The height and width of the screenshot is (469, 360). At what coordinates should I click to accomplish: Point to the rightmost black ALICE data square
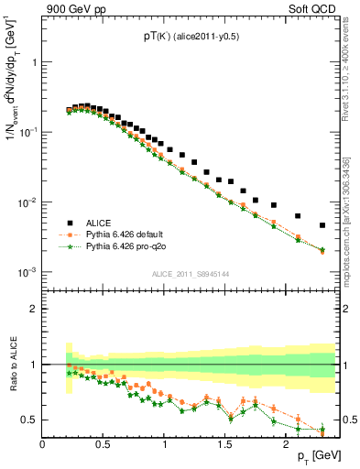click(x=322, y=225)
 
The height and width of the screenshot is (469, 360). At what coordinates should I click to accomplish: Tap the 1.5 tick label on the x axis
click(x=225, y=443)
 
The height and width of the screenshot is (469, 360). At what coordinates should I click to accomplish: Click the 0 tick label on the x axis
click(x=43, y=443)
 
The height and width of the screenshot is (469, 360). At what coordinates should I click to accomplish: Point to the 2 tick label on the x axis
click(x=286, y=443)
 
